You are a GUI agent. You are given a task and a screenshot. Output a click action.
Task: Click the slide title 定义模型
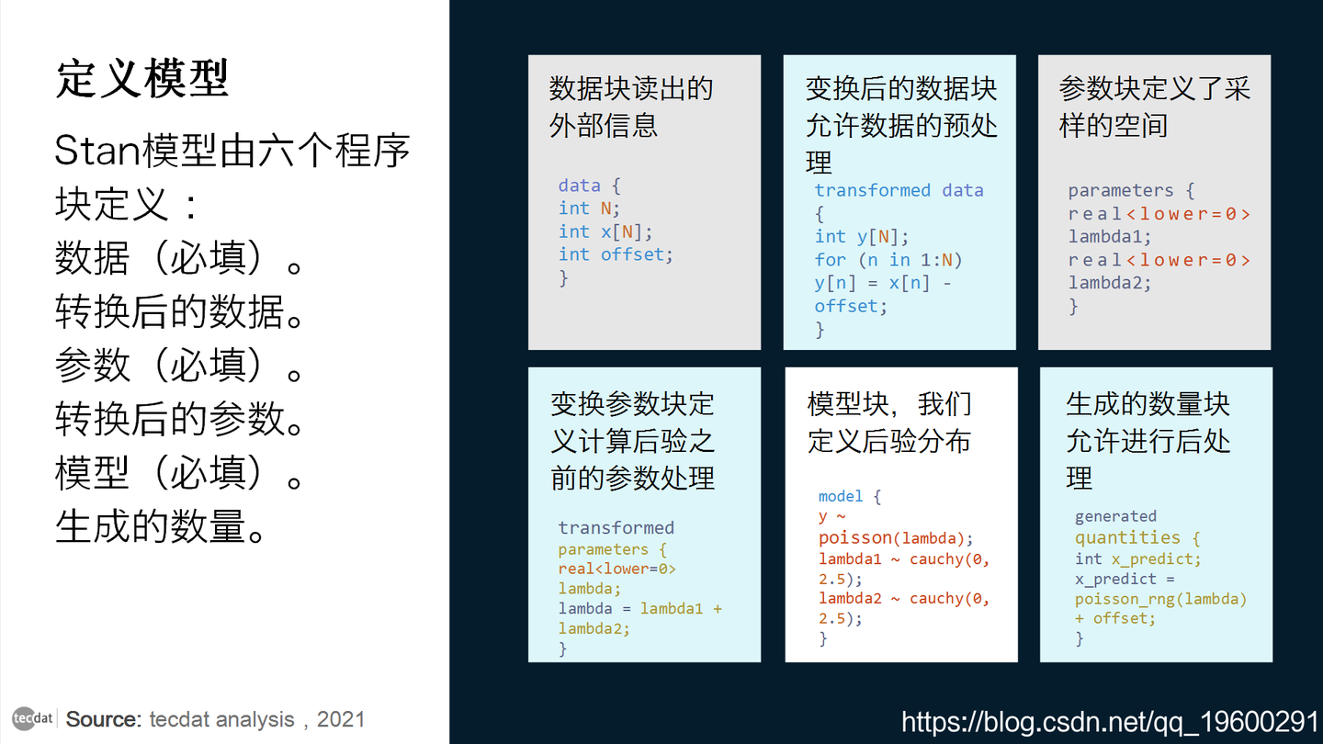142,80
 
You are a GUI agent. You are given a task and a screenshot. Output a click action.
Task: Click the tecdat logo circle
32,718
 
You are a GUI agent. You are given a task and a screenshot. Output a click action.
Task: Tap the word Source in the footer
102,719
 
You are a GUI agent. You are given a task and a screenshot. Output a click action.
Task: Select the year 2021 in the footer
341,719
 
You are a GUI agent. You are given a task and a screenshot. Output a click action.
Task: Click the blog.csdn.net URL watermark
1110,722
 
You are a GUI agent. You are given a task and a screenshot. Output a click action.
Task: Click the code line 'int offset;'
616,254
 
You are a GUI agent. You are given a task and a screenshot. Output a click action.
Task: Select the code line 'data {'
589,186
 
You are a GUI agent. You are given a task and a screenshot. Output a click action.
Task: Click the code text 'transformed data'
899,190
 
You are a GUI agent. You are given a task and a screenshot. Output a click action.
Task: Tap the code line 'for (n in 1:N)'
888,260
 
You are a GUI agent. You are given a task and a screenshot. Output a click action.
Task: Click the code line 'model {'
850,496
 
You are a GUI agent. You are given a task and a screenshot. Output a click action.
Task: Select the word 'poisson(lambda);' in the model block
895,538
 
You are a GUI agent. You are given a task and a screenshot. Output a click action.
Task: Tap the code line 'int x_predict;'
1137,558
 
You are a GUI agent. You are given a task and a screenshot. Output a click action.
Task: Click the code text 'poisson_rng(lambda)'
1160,599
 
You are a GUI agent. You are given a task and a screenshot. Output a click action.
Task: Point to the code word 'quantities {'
1137,538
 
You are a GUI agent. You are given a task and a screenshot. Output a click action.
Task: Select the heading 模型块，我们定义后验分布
889,423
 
